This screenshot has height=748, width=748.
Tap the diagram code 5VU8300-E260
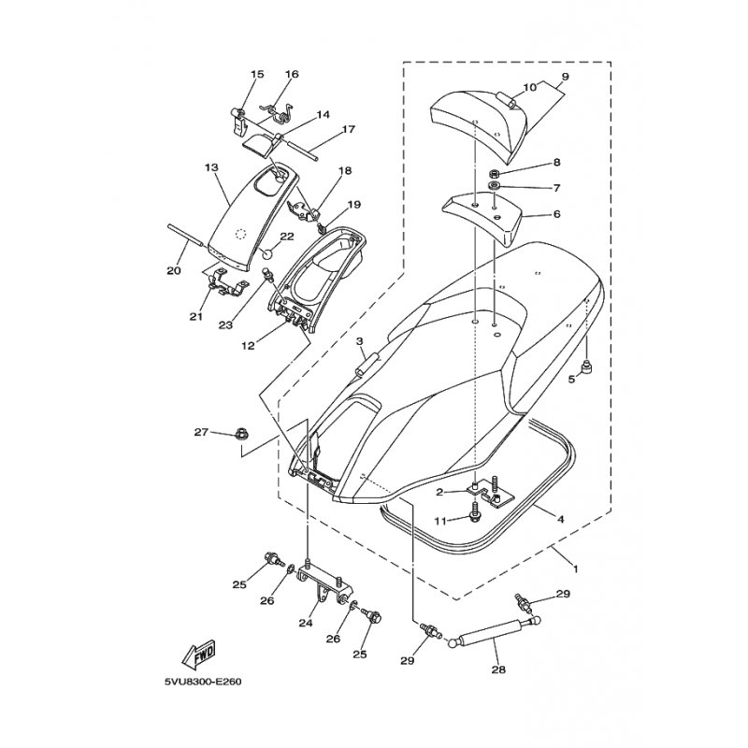click(203, 682)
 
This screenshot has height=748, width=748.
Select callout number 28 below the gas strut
click(498, 669)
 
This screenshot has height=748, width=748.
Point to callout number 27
click(201, 432)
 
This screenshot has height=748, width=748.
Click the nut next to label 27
click(239, 434)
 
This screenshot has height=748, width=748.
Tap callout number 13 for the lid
click(211, 167)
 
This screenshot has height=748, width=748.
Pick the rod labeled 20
click(186, 236)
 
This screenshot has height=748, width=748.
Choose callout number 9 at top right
click(565, 76)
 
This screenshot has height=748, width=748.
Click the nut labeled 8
click(495, 173)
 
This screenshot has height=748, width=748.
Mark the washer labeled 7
click(495, 185)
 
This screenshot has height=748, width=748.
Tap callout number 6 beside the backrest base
click(556, 214)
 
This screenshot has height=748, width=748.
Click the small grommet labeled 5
click(586, 367)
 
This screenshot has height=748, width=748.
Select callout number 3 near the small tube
click(359, 341)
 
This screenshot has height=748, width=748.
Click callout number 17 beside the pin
click(349, 129)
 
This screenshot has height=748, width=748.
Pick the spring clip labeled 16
click(279, 110)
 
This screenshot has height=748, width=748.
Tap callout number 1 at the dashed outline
click(575, 568)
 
